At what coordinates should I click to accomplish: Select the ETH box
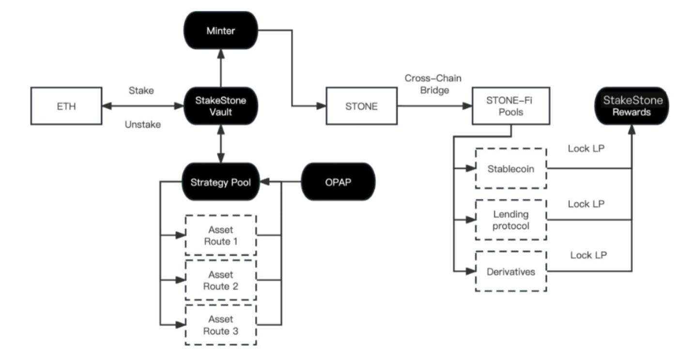coord(66,106)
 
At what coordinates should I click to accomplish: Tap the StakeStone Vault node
coord(220,106)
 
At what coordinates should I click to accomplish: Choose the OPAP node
coord(338,182)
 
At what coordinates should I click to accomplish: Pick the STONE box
coord(361,106)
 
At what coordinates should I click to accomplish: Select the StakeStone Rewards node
coord(632,106)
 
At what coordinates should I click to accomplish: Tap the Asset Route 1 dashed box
coord(221,235)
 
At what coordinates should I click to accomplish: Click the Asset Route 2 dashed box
coord(221,280)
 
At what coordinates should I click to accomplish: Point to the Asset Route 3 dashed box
coord(221,325)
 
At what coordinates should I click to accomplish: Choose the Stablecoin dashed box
coord(511,169)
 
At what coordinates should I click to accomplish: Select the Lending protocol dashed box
coord(511,219)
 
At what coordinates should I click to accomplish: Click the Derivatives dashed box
coord(511,271)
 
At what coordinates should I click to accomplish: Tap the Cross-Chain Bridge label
coord(433,84)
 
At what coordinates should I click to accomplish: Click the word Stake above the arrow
coord(141,91)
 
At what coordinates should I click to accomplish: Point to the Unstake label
coord(142,125)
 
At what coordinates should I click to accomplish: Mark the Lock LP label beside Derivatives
coord(588,255)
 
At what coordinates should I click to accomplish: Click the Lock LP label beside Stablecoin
coord(586,149)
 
